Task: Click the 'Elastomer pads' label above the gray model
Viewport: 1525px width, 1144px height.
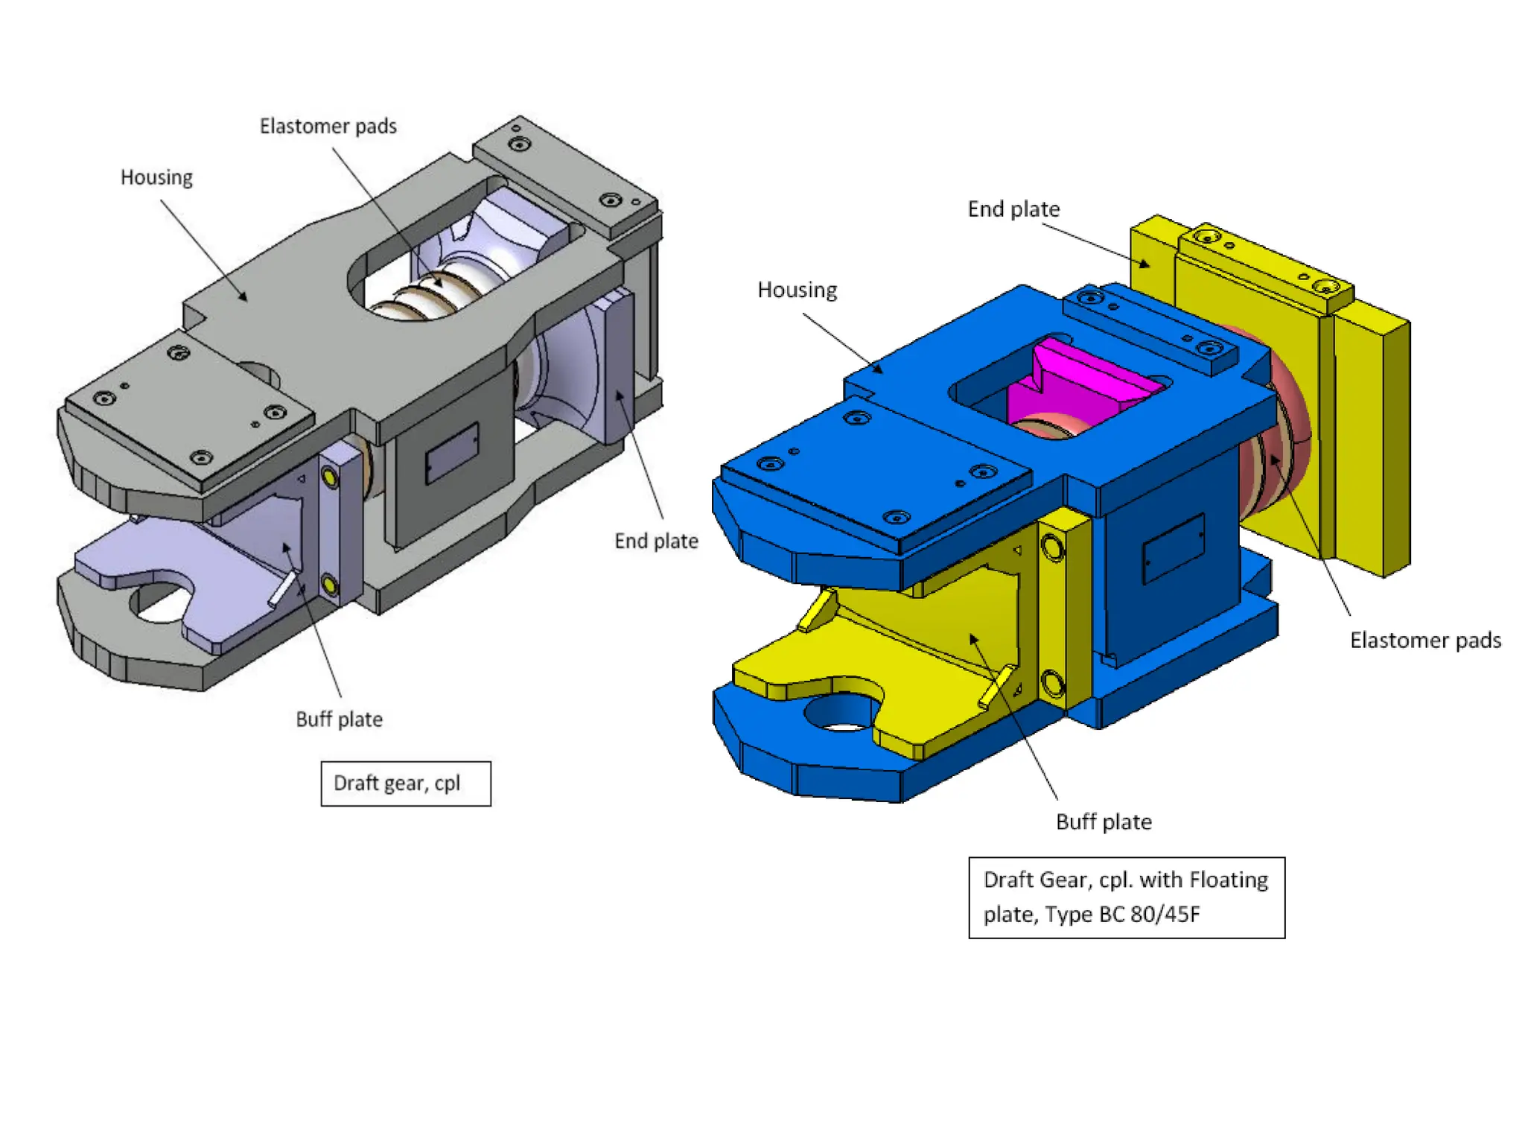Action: coord(328,127)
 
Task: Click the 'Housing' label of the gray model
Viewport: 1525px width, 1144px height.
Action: coord(156,178)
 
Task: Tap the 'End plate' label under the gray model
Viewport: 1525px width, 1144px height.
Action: coord(656,541)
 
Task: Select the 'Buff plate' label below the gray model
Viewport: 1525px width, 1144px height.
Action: coord(339,719)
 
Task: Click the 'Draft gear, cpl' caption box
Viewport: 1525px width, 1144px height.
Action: coord(406,784)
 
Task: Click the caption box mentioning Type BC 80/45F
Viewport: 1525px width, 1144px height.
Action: coord(1126,897)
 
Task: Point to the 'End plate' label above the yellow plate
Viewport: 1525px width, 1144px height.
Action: coord(1013,210)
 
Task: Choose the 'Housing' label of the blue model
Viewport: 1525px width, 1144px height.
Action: coord(797,290)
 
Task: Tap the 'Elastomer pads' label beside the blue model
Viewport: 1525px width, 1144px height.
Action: coord(1425,641)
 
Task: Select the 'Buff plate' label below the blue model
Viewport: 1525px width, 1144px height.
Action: coord(1104,822)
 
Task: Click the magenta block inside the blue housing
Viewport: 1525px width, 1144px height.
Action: coord(1072,384)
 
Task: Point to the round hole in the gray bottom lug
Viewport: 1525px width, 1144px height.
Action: coord(160,603)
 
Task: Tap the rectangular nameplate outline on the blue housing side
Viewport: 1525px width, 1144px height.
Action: coord(1174,548)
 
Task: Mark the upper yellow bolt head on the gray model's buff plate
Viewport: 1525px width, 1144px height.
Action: coord(328,477)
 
